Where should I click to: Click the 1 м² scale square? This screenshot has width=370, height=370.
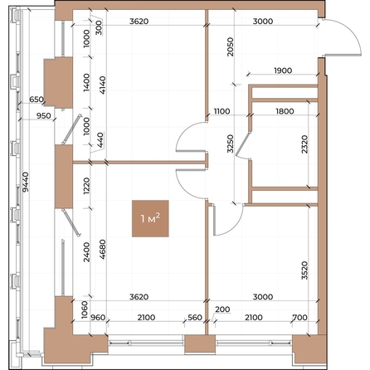tap(150, 218)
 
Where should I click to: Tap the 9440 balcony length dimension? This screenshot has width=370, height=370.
tap(26, 182)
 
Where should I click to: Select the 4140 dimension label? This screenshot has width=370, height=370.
tap(102, 85)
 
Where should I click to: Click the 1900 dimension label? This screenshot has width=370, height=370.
tap(283, 71)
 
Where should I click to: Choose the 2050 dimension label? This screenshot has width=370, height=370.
tap(230, 47)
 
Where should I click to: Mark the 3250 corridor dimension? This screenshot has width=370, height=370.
tap(230, 144)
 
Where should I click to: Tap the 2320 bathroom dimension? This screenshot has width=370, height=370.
tap(304, 144)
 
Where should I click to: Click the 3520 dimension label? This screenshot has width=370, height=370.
tap(304, 270)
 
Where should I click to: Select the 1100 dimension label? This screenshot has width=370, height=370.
tap(222, 111)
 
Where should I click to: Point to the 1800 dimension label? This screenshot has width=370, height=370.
tap(285, 111)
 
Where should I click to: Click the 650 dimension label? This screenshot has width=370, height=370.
tap(37, 99)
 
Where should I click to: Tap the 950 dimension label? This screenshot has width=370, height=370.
tap(44, 115)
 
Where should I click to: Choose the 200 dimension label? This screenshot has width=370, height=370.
tap(222, 309)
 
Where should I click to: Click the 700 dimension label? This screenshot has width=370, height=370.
tap(300, 317)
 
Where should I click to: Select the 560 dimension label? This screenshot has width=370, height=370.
tap(195, 317)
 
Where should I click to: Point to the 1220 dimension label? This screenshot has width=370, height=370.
tap(86, 186)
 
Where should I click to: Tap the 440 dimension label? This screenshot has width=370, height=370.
tap(100, 139)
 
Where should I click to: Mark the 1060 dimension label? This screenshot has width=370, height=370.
tap(85, 310)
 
